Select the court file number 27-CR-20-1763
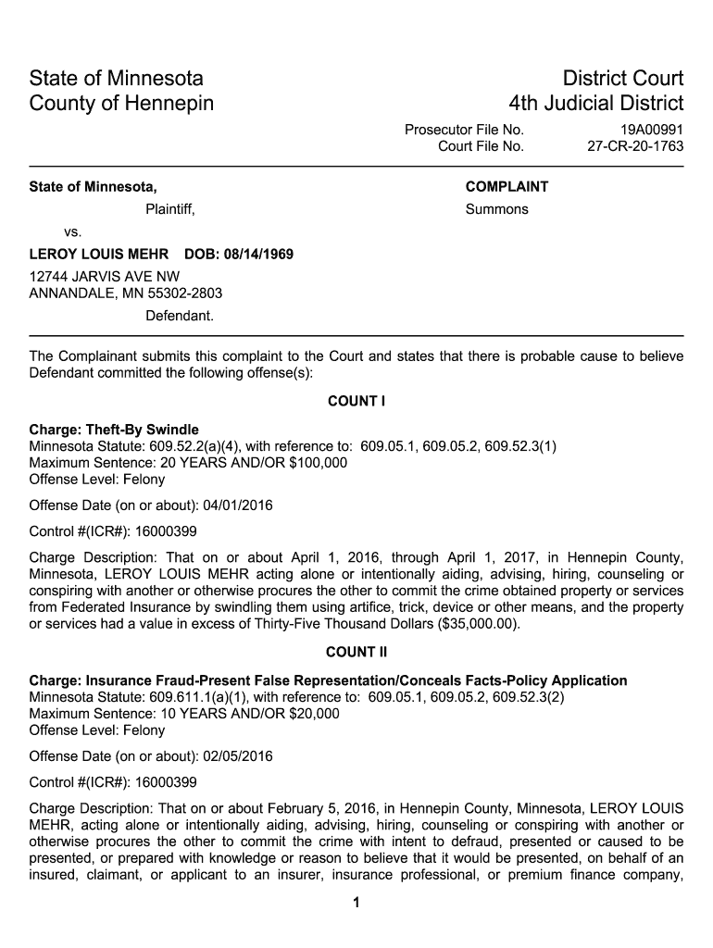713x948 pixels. point(635,146)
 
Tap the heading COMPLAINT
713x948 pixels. point(507,187)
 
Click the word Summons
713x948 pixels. point(496,209)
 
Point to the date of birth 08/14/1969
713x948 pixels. point(259,254)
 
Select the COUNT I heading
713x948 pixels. point(356,402)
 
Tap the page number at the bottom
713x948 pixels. point(356,904)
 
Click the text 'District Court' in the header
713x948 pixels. point(610,79)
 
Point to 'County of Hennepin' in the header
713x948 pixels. point(121,103)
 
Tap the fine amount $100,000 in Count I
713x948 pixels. point(317,463)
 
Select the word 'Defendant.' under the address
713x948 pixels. point(180,316)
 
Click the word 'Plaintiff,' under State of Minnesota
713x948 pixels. point(170,209)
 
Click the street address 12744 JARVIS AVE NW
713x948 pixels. point(105,277)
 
